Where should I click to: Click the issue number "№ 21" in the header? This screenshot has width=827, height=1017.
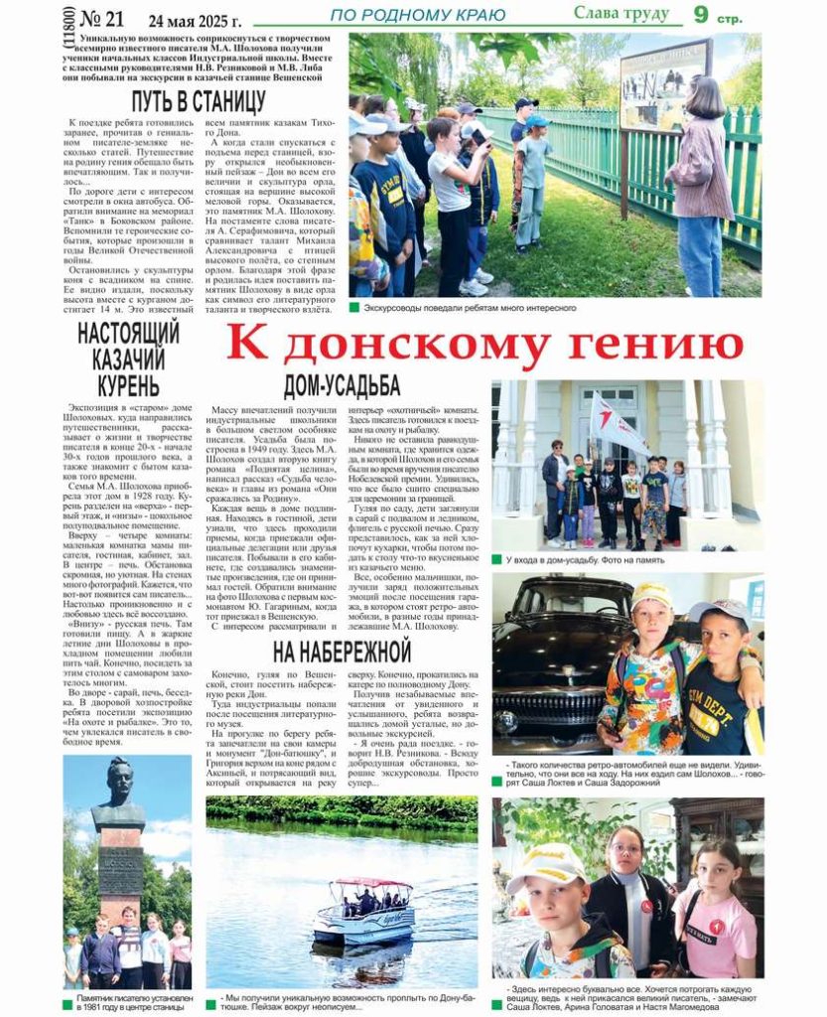[101, 19]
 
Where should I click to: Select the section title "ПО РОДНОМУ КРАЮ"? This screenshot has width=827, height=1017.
[417, 15]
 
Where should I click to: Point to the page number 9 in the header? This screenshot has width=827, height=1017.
[702, 13]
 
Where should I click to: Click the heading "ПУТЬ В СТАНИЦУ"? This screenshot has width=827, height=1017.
[199, 100]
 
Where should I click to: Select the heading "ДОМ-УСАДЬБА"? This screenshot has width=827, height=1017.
[342, 386]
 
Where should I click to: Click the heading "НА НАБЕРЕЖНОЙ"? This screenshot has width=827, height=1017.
[342, 652]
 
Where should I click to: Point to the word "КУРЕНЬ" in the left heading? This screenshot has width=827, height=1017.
[128, 386]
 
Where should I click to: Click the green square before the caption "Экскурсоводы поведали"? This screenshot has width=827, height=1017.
[354, 308]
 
